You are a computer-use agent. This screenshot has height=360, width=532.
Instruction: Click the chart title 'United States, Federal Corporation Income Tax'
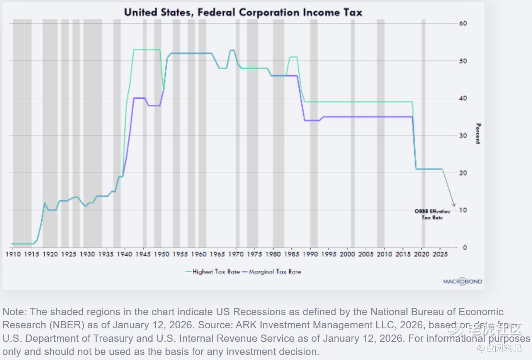(243, 12)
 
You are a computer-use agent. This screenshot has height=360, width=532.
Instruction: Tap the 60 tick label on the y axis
(463, 23)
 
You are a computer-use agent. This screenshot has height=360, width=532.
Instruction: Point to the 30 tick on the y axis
(463, 136)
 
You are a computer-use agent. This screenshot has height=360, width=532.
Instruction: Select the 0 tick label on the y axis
(464, 248)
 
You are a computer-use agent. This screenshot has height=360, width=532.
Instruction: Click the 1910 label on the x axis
(13, 254)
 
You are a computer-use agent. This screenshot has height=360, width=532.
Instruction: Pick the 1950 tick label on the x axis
(161, 254)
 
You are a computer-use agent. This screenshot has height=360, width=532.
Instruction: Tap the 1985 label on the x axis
(292, 254)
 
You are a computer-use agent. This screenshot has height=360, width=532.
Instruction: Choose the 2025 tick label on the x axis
(440, 254)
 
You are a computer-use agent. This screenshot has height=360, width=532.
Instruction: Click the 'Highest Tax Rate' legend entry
(212, 272)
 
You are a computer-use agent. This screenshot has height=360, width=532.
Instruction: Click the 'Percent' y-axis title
(478, 134)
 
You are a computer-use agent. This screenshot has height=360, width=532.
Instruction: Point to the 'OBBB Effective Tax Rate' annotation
(432, 214)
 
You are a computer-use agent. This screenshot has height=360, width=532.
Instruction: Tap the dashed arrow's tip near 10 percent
(454, 205)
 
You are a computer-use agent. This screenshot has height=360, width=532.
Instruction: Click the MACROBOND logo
(462, 282)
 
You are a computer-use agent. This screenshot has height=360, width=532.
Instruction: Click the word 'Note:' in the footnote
(15, 312)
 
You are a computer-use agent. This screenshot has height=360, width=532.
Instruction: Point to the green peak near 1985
(293, 57)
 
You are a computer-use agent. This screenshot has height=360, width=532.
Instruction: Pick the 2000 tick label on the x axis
(347, 254)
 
